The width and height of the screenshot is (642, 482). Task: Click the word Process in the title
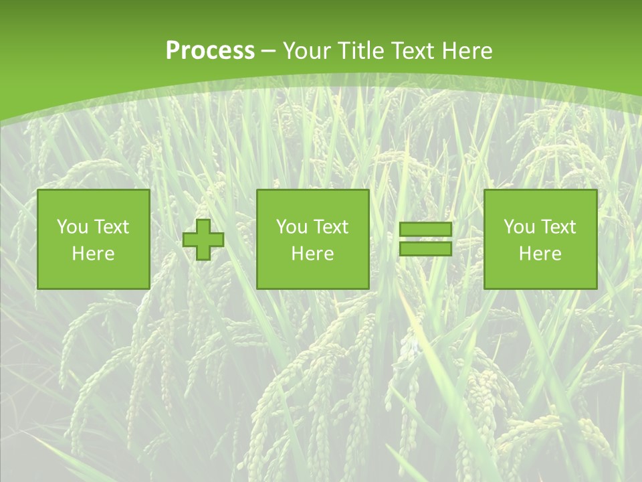pyautogui.click(x=210, y=51)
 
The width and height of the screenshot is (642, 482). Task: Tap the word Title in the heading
pyautogui.click(x=360, y=51)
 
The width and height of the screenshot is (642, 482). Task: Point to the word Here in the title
pyautogui.click(x=468, y=51)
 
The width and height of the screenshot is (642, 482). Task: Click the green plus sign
pyautogui.click(x=203, y=240)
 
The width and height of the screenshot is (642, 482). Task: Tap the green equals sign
pyautogui.click(x=425, y=239)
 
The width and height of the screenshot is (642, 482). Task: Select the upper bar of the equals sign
pyautogui.click(x=425, y=230)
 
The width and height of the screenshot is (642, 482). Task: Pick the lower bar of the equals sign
pyautogui.click(x=425, y=248)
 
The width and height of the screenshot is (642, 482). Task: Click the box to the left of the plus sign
pyautogui.click(x=94, y=239)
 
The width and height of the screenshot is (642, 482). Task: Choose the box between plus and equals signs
pyautogui.click(x=313, y=239)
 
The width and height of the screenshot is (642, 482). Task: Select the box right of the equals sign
pyautogui.click(x=540, y=239)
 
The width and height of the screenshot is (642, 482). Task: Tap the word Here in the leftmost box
pyautogui.click(x=94, y=254)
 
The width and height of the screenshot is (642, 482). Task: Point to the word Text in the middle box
pyautogui.click(x=331, y=227)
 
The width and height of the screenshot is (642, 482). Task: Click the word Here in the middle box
pyautogui.click(x=313, y=254)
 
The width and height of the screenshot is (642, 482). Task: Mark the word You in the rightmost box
pyautogui.click(x=520, y=227)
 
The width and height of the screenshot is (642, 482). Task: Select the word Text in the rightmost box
pyautogui.click(x=558, y=227)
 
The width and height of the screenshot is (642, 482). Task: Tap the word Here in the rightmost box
pyautogui.click(x=540, y=254)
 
